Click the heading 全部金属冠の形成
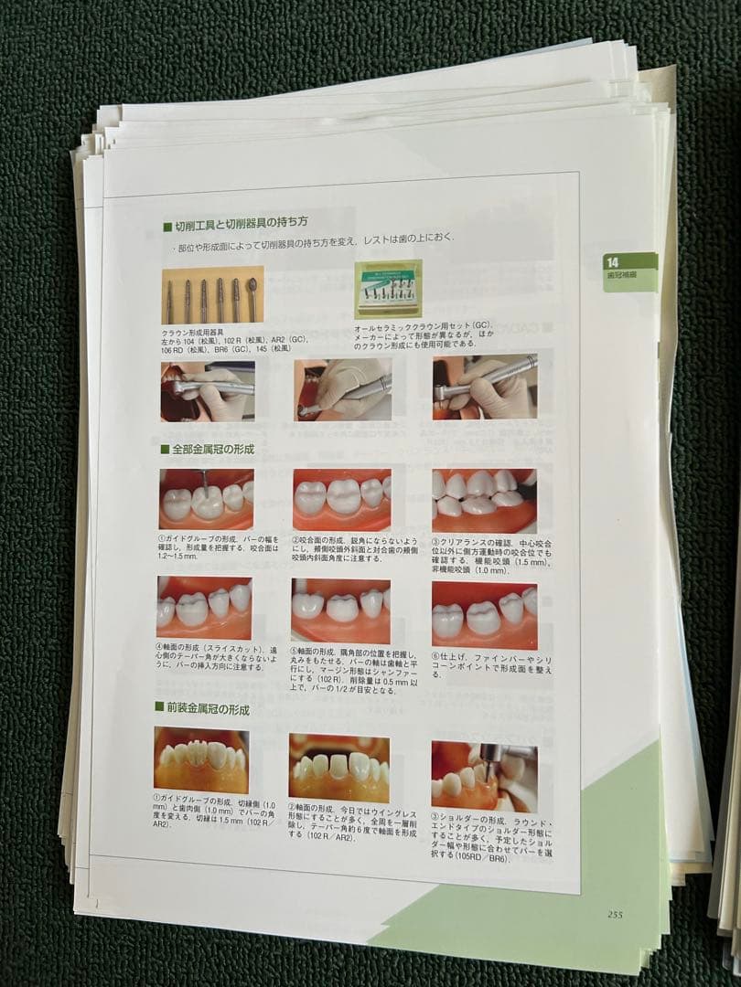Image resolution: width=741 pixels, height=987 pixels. coord(211,450)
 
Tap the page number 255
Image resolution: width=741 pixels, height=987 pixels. coord(615,914)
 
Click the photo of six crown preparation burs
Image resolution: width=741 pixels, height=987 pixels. coord(212,296)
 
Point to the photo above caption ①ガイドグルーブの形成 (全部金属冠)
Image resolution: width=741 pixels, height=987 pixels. coord(207,499)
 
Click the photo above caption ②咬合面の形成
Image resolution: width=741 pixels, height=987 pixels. coord(341,499)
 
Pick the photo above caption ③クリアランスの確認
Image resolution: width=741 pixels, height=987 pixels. coord(484,500)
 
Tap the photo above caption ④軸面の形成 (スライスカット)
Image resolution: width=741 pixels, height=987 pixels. coord(204,608)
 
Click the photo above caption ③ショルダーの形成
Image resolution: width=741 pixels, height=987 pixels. coord(484,776)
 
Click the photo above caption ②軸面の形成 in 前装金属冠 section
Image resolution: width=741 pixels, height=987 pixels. coord(339,768)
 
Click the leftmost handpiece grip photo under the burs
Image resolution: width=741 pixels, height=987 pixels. coord(208,391)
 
